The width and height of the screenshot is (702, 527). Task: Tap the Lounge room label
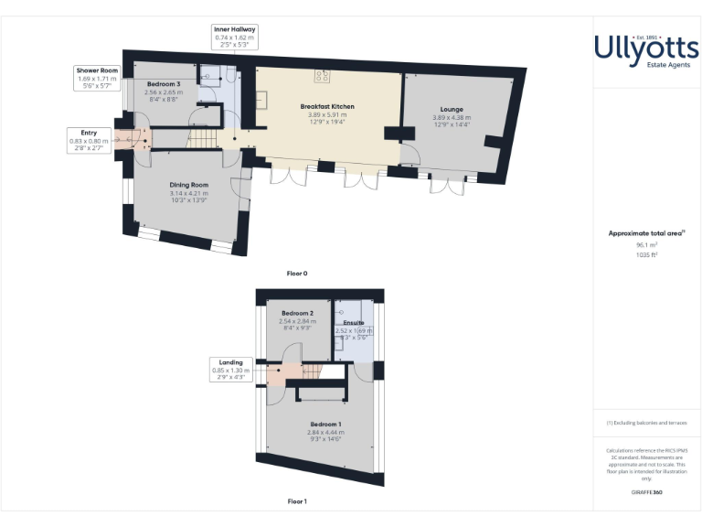tap(452, 109)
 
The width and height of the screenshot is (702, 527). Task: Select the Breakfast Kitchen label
tap(327, 107)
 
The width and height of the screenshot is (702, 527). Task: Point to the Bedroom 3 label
tap(165, 84)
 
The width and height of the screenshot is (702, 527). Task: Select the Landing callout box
tap(226, 371)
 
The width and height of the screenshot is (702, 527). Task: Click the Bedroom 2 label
tap(297, 314)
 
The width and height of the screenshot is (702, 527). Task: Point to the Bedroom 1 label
tap(326, 425)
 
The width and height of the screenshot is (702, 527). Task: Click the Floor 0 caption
tap(297, 273)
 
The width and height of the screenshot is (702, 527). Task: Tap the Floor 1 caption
tap(297, 501)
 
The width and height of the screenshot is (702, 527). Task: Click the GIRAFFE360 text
tap(646, 492)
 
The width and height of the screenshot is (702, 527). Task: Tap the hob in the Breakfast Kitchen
tap(323, 76)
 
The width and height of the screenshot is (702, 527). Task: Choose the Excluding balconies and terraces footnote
tap(646, 423)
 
